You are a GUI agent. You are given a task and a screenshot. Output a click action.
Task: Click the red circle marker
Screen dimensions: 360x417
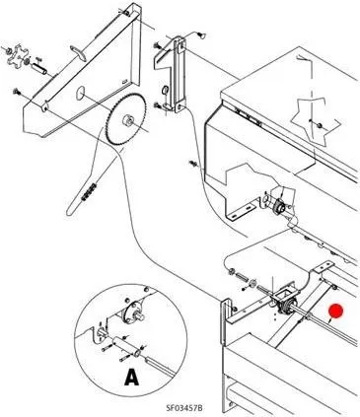[336, 312]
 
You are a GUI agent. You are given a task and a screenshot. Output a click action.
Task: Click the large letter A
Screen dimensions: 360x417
[132, 377]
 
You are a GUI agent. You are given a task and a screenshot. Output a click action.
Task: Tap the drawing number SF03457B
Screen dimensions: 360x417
[183, 408]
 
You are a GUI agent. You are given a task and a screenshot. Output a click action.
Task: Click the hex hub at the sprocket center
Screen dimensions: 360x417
[127, 120]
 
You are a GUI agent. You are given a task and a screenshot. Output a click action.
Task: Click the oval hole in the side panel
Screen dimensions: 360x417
[80, 94]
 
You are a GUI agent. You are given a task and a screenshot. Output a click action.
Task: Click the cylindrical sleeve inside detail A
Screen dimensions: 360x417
[127, 347]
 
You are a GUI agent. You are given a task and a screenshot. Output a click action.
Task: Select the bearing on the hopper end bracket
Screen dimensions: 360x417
[278, 205]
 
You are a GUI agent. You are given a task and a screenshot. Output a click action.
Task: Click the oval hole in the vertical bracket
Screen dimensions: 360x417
[165, 90]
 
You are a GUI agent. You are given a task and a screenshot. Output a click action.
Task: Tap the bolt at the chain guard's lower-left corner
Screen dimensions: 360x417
[16, 92]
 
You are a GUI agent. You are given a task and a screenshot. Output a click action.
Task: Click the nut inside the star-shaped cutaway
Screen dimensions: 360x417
[319, 125]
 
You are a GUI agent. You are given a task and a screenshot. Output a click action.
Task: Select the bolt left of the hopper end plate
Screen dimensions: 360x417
[192, 163]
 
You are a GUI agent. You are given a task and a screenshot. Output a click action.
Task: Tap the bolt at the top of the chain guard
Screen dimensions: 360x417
[127, 13]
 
